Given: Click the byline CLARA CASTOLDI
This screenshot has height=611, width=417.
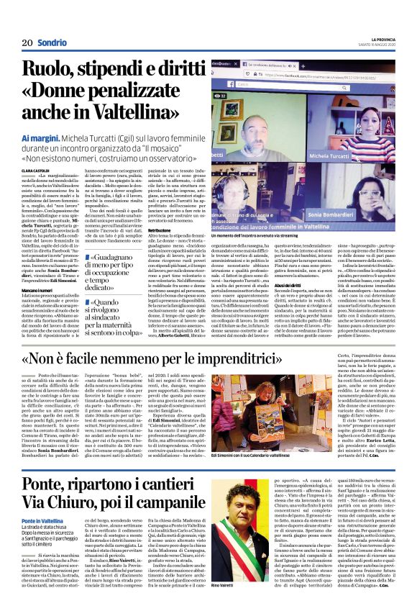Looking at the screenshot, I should point(37,171).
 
